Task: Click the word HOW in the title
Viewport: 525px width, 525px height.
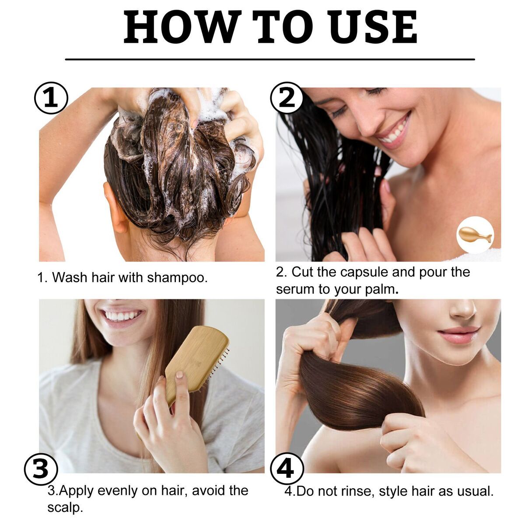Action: tap(182, 27)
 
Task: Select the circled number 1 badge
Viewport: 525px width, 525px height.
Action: tap(51, 98)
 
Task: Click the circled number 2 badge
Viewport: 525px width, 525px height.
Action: tap(287, 98)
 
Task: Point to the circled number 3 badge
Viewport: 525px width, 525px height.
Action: tap(41, 469)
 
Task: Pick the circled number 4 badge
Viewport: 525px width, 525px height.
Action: tap(287, 469)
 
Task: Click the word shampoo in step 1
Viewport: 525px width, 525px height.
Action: tap(177, 278)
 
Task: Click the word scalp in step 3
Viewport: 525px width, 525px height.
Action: tap(65, 507)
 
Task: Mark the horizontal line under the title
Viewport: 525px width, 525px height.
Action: tap(270, 59)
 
